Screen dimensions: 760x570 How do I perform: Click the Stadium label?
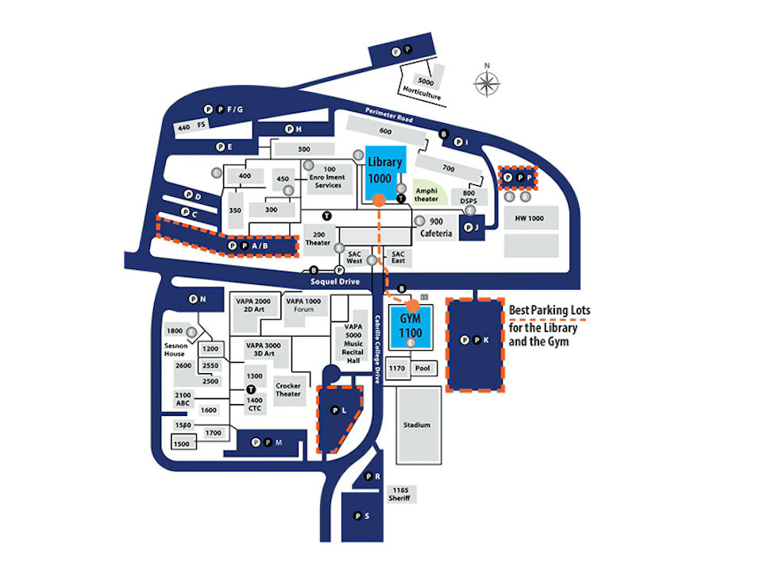point(416,425)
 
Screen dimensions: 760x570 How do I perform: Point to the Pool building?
point(422,368)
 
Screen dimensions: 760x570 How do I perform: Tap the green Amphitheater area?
point(426,194)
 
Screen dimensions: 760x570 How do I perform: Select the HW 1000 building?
point(529,218)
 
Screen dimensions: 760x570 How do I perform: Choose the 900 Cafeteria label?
point(441,228)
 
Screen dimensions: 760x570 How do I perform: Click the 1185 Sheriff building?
point(398,495)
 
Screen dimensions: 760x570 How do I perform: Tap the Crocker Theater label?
point(288,390)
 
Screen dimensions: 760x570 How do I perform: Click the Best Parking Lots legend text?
point(549,326)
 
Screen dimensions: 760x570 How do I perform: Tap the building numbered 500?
point(303,149)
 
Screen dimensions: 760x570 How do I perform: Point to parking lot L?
point(338,411)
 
